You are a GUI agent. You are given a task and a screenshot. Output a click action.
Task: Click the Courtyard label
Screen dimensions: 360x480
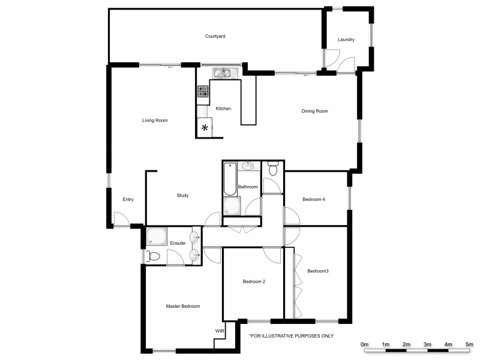click(x=215, y=37)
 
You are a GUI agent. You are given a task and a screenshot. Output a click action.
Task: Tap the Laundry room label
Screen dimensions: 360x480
click(x=346, y=40)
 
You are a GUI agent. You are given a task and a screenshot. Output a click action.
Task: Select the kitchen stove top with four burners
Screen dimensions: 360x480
click(x=203, y=91)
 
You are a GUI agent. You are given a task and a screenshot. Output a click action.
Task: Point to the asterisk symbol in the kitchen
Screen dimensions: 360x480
click(x=205, y=127)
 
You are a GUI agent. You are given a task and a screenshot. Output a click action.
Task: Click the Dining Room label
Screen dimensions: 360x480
click(x=314, y=111)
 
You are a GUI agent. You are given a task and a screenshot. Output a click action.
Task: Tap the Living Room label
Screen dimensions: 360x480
click(x=155, y=121)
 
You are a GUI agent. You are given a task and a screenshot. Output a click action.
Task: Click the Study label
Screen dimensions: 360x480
click(x=183, y=196)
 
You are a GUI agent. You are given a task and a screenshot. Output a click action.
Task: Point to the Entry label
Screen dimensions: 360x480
click(x=128, y=200)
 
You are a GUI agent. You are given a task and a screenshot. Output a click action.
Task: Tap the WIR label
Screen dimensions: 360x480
click(x=220, y=331)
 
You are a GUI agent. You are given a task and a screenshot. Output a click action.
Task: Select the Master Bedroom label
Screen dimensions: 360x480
click(x=183, y=306)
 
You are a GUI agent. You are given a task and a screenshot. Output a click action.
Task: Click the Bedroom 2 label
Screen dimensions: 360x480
click(x=254, y=281)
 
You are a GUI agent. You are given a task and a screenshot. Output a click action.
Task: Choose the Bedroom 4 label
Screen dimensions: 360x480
click(x=314, y=199)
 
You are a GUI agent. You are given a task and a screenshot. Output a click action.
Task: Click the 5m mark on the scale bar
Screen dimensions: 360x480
click(x=469, y=344)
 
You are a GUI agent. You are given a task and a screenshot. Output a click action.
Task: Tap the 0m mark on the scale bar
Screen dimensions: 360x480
click(x=364, y=344)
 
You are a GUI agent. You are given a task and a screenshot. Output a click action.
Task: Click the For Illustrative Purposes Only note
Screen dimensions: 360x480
click(x=291, y=336)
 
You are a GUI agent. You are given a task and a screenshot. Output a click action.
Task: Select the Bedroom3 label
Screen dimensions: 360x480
click(x=318, y=271)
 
